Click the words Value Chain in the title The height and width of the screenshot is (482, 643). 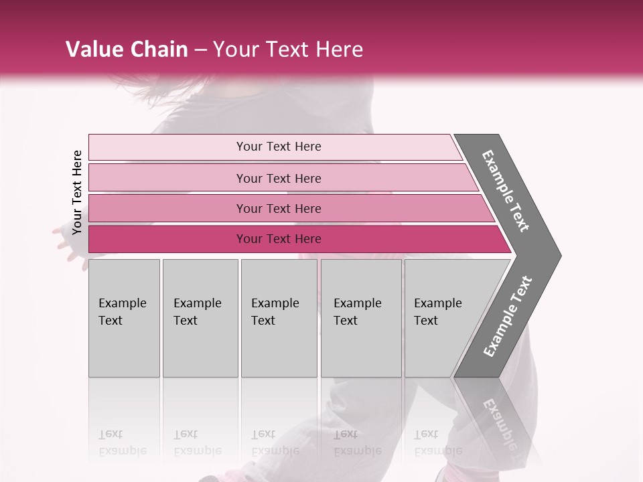127,50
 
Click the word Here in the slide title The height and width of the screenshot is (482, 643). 339,50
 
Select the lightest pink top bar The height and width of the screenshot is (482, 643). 167,147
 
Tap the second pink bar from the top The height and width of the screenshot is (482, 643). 167,178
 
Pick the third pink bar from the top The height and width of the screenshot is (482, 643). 167,208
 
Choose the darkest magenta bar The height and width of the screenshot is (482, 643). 167,239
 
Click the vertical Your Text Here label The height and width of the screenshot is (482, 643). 77,192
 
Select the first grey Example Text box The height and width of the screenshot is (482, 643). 124,318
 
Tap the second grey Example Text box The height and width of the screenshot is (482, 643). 200,318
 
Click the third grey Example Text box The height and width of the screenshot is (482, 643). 279,318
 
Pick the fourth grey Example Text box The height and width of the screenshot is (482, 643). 361,318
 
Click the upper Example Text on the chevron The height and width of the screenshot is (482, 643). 506,191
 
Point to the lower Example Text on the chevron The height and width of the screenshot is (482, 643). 507,317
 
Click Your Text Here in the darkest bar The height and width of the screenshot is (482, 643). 279,239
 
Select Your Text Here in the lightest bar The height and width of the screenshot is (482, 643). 279,147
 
